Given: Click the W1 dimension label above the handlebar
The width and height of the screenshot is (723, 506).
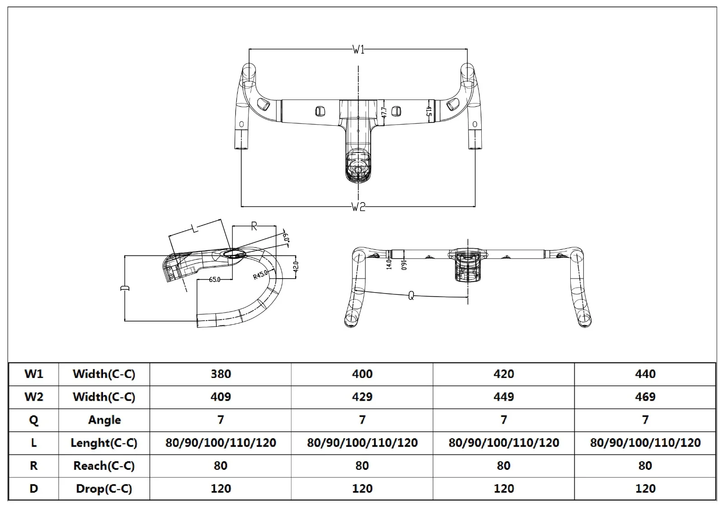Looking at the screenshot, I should tap(358, 50).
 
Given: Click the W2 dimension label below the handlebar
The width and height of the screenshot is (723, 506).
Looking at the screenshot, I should tap(358, 207).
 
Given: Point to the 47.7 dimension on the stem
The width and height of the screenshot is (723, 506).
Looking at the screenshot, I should tap(384, 112).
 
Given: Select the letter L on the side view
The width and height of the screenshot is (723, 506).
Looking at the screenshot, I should tap(195, 228).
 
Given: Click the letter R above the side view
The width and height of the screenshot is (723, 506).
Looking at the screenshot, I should tap(254, 226).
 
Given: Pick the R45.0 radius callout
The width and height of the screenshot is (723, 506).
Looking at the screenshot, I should tap(260, 274).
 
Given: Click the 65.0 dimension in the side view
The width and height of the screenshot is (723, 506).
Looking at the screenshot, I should tap(215, 280).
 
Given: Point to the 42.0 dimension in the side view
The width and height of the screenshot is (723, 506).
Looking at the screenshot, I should tap(296, 265).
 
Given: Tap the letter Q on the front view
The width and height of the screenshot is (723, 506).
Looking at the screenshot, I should tap(411, 296).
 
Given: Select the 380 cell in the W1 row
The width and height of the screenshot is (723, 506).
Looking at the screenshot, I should tap(221, 374).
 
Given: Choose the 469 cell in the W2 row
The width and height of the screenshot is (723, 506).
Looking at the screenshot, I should tap(645, 397).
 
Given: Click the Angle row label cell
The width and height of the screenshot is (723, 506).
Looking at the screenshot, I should tap(104, 420).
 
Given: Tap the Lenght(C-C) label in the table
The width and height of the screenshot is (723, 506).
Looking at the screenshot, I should tap(104, 443).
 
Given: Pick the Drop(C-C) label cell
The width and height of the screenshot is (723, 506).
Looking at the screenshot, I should tap(104, 489).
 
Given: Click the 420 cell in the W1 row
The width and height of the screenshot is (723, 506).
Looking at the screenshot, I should tap(503, 374).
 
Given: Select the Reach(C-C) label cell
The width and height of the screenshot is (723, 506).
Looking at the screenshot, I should tap(104, 466).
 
